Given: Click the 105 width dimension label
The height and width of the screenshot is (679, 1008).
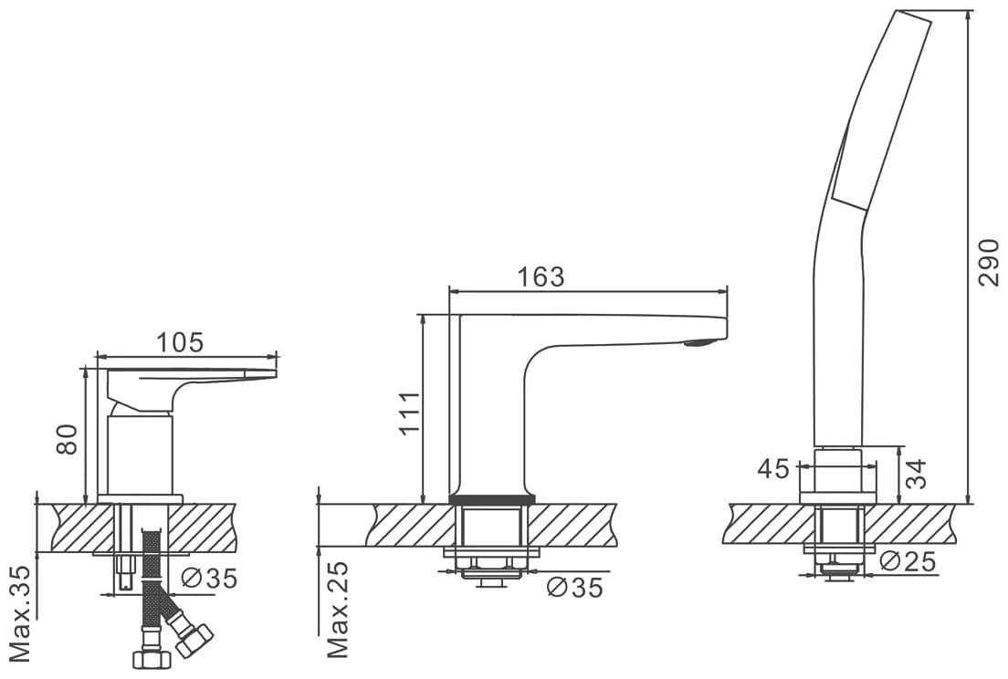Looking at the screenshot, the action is coord(181,341).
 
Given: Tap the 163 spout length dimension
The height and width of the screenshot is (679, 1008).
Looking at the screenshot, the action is coord(541,277).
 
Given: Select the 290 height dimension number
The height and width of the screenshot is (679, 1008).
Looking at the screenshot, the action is coord(989,262).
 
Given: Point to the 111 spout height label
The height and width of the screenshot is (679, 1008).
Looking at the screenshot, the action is coord(409,413).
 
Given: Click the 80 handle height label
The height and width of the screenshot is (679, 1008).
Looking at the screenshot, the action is coord(67,439).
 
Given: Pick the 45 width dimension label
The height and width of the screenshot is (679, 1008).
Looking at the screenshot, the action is coord(772,469).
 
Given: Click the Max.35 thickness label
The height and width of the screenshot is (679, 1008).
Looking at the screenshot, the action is coord(21,614).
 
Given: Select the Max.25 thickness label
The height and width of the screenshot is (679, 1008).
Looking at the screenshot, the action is coord(338,610).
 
